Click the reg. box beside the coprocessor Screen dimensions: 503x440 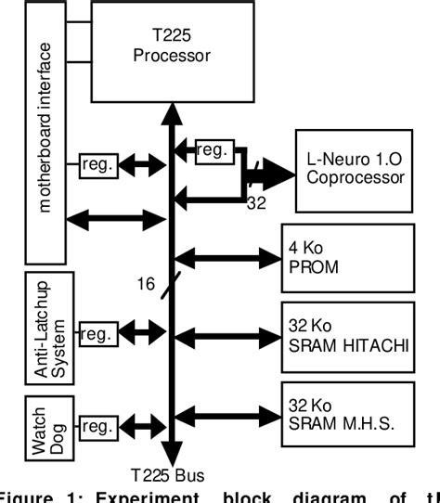(x=213, y=149)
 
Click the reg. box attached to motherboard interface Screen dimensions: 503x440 (x=97, y=165)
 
